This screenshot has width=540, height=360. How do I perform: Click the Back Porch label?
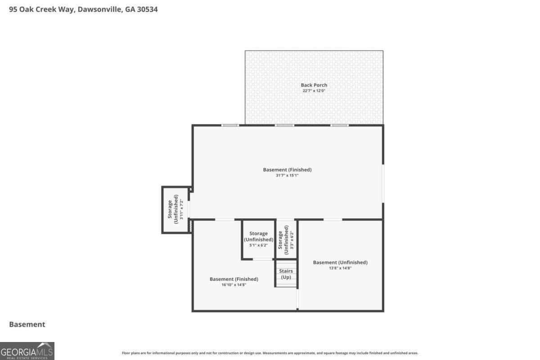(314, 85)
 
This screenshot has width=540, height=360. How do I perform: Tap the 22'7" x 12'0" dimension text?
(314, 91)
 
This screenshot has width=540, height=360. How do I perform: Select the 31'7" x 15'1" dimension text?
(287, 175)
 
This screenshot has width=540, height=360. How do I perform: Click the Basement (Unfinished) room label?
(340, 262)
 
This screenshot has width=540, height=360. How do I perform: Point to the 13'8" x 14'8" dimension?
(340, 268)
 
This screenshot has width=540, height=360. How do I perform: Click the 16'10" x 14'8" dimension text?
(234, 285)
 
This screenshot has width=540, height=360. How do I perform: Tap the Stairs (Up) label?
(286, 274)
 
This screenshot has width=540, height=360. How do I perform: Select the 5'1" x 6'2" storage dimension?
(258, 245)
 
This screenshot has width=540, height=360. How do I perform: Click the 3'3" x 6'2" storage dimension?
(292, 240)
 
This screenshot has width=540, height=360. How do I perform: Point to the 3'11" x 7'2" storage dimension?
(181, 209)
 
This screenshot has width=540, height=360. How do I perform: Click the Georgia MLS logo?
(27, 351)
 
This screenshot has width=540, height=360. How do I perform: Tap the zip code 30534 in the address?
(147, 9)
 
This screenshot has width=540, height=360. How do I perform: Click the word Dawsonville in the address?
(100, 9)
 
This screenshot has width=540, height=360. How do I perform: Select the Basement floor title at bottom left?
(27, 324)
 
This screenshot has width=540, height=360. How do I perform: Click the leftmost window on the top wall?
(230, 126)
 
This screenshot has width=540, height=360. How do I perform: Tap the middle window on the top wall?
(284, 126)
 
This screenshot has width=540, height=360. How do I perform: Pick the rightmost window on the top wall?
(339, 126)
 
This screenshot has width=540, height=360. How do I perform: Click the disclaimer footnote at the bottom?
(270, 353)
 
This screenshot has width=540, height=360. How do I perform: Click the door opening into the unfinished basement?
(333, 220)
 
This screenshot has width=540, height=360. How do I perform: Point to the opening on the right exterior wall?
(383, 184)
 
